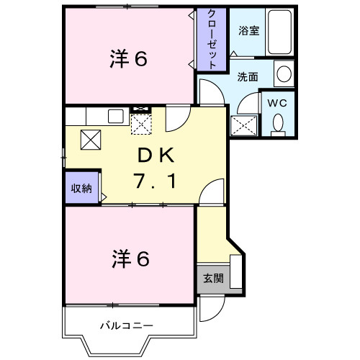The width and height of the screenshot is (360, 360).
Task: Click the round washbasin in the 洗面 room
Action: (x=284, y=73)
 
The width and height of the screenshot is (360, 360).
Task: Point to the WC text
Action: (x=278, y=102)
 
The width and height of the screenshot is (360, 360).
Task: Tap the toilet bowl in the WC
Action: (x=278, y=124)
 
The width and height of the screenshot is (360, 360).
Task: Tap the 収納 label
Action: (x=81, y=189)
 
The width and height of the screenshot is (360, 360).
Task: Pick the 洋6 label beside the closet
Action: (x=130, y=59)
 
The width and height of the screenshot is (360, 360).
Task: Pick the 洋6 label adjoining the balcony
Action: (x=130, y=258)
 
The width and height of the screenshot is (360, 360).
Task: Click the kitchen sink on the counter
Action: (x=114, y=115)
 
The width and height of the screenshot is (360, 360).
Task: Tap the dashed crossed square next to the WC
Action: (x=243, y=125)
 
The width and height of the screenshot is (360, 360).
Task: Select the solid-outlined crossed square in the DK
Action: (x=90, y=139)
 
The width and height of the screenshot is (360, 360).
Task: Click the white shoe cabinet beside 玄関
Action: (x=236, y=272)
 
